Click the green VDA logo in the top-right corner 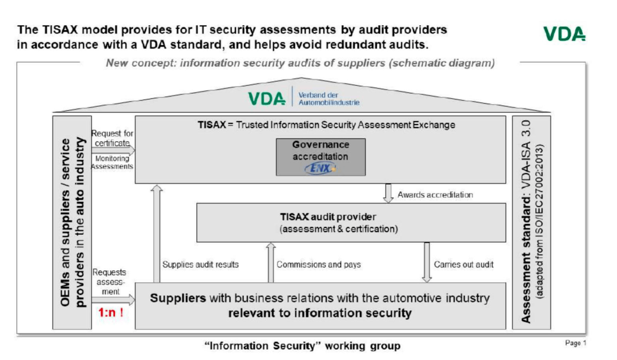[x=564, y=34]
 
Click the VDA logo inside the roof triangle [x=266, y=99]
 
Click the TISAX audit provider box [x=351, y=222]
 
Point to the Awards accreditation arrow [x=388, y=194]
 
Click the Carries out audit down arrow [x=426, y=262]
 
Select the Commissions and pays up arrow [x=271, y=262]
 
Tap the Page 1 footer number [x=575, y=343]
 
